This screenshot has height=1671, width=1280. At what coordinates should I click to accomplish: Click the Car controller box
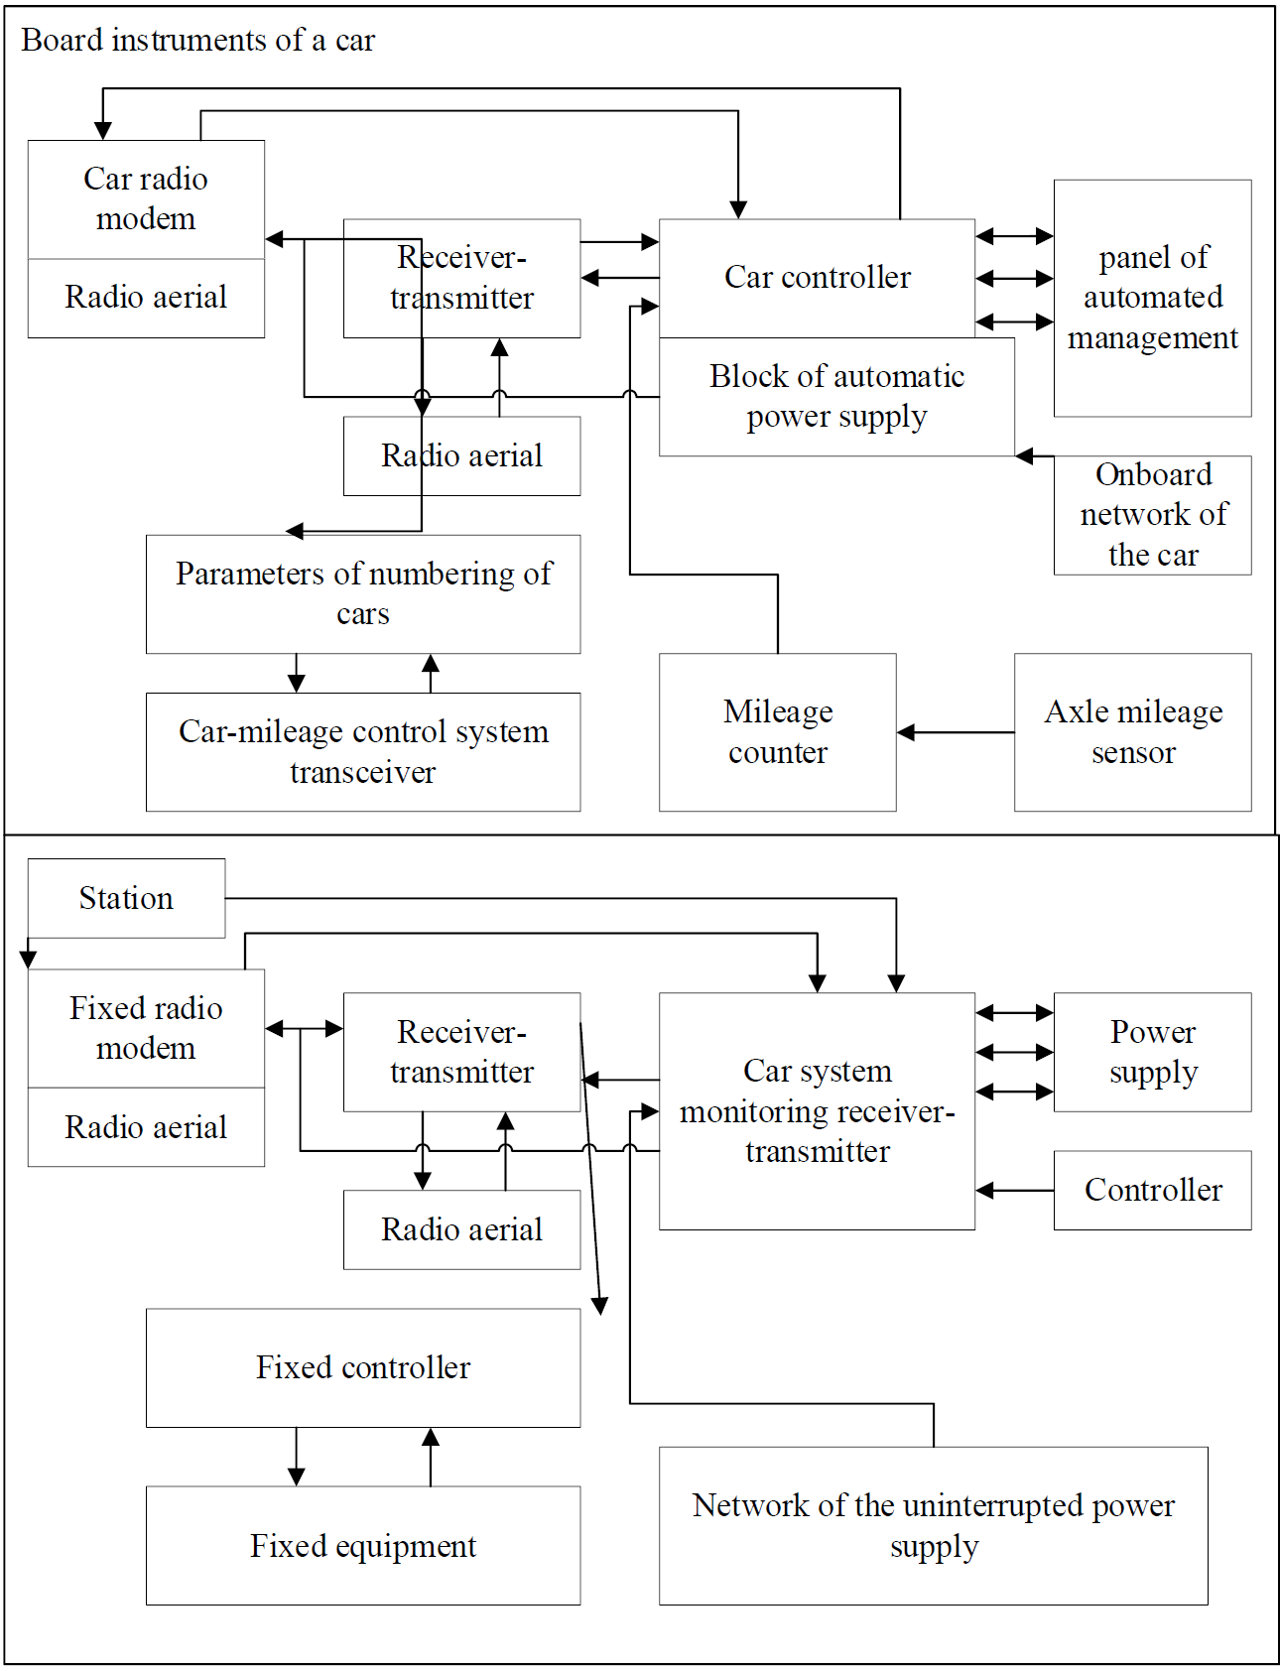pyautogui.click(x=817, y=278)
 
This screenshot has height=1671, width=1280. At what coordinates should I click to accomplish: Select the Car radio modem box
pyautogui.click(x=146, y=199)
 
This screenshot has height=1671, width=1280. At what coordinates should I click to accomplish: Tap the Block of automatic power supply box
pyautogui.click(x=836, y=397)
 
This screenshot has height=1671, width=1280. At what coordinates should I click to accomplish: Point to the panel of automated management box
pyautogui.click(x=1152, y=298)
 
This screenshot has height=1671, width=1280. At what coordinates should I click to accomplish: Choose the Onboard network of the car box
pyautogui.click(x=1152, y=515)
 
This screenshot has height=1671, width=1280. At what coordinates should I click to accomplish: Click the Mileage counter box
pyautogui.click(x=778, y=732)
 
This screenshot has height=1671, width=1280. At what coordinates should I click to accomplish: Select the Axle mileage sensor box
pyautogui.click(x=1133, y=732)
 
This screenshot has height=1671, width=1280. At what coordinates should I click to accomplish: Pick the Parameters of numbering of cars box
pyautogui.click(x=363, y=594)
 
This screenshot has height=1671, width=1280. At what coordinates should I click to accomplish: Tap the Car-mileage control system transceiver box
pyautogui.click(x=363, y=752)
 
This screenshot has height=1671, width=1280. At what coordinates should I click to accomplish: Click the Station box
pyautogui.click(x=126, y=898)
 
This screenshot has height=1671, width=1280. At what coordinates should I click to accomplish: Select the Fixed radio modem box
pyautogui.click(x=146, y=1028)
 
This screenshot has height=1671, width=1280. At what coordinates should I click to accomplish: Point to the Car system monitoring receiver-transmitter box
pyautogui.click(x=817, y=1111)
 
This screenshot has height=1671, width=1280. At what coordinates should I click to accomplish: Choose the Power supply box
pyautogui.click(x=1152, y=1052)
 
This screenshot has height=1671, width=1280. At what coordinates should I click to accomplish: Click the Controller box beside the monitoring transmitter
pyautogui.click(x=1152, y=1190)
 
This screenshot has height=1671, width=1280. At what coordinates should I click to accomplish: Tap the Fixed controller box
pyautogui.click(x=363, y=1368)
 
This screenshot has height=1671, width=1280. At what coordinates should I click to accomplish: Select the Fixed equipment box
pyautogui.click(x=363, y=1545)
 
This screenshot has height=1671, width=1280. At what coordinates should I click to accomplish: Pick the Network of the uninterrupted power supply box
pyautogui.click(x=934, y=1526)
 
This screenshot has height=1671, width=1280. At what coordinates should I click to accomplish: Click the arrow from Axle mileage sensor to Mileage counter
pyautogui.click(x=956, y=732)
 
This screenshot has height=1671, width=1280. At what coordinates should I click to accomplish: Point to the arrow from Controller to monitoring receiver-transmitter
pyautogui.click(x=1015, y=1190)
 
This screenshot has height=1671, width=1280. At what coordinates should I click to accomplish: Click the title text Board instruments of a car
pyautogui.click(x=198, y=40)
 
